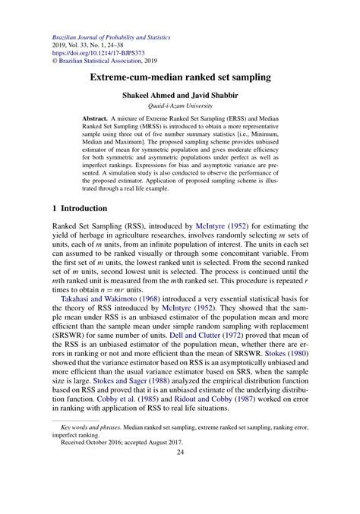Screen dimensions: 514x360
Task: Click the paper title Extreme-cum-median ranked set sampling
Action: (179, 77)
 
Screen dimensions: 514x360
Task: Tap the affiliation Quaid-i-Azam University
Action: (179, 107)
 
